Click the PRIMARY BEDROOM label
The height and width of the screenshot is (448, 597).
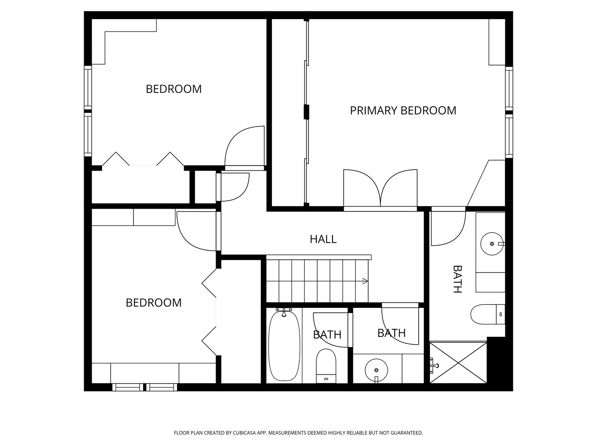click(x=403, y=110)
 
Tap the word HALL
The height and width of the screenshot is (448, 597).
click(x=323, y=239)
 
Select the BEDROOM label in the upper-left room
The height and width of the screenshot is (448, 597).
click(x=174, y=89)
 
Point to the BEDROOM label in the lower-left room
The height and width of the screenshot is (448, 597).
click(x=153, y=303)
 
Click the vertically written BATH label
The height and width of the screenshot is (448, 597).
click(x=457, y=279)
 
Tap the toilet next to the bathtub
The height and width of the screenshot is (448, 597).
click(x=326, y=365)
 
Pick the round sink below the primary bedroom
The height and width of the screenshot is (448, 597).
click(x=492, y=243)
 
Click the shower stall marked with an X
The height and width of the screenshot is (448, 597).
click(x=458, y=363)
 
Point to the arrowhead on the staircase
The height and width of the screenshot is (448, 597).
click(x=365, y=281)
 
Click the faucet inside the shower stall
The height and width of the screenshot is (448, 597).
click(x=434, y=365)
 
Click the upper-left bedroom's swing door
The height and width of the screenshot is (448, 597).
click(x=245, y=147)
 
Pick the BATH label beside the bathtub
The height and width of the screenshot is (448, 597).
click(x=327, y=335)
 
